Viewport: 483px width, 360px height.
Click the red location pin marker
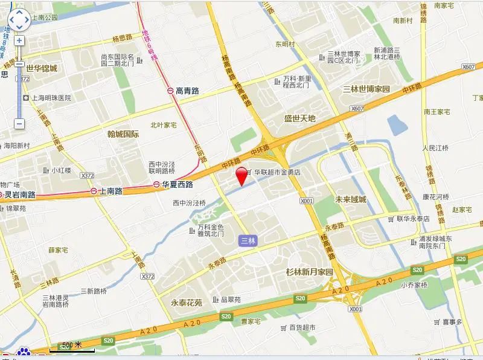click(241, 175)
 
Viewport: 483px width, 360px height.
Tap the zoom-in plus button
click(19, 40)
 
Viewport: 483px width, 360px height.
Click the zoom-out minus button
click(19, 123)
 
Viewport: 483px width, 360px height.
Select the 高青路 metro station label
click(187, 91)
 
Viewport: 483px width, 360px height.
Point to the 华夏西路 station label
click(176, 185)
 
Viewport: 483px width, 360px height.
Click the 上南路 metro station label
click(110, 191)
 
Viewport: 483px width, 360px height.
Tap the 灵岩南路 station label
click(19, 195)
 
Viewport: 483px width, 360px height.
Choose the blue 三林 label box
click(248, 240)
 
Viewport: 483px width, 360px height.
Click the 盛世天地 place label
click(300, 118)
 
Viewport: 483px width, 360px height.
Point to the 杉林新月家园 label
click(309, 272)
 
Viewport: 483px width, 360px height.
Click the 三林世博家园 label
click(366, 89)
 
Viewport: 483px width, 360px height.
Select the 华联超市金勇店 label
click(277, 172)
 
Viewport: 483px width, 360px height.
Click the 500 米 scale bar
click(72, 347)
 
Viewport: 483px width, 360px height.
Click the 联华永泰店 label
click(413, 219)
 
